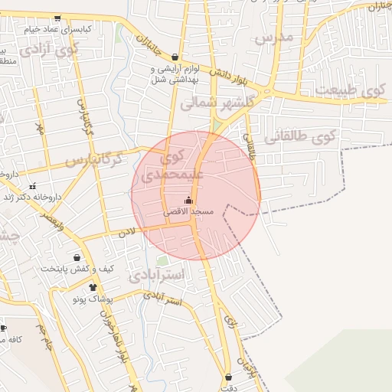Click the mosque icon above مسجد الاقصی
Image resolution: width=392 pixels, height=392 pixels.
pos(189,200)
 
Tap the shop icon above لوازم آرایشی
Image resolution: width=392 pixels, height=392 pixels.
pos(175,57)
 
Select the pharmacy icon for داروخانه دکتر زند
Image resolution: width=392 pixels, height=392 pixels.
pos(32,186)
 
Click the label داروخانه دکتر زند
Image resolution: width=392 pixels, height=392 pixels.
pos(34,197)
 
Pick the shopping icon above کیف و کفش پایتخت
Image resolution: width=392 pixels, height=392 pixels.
pos(77,257)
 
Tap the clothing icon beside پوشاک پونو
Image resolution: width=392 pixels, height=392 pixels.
pos(93,288)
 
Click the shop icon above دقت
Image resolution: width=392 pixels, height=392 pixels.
pos(229,377)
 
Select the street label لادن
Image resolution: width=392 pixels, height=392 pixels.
pos(126,230)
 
